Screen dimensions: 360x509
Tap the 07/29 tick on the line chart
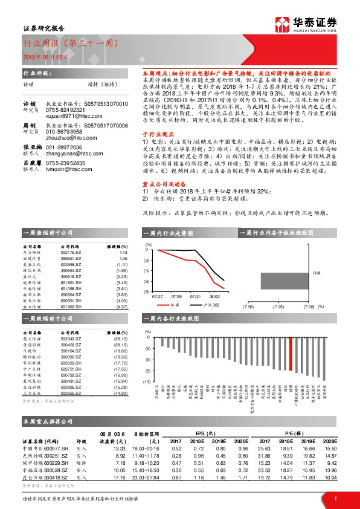click(176, 296)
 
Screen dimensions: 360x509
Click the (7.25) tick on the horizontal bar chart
click(278, 307)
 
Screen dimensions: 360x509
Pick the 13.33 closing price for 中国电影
click(118, 448)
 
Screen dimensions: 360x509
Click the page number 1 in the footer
click(335, 498)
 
